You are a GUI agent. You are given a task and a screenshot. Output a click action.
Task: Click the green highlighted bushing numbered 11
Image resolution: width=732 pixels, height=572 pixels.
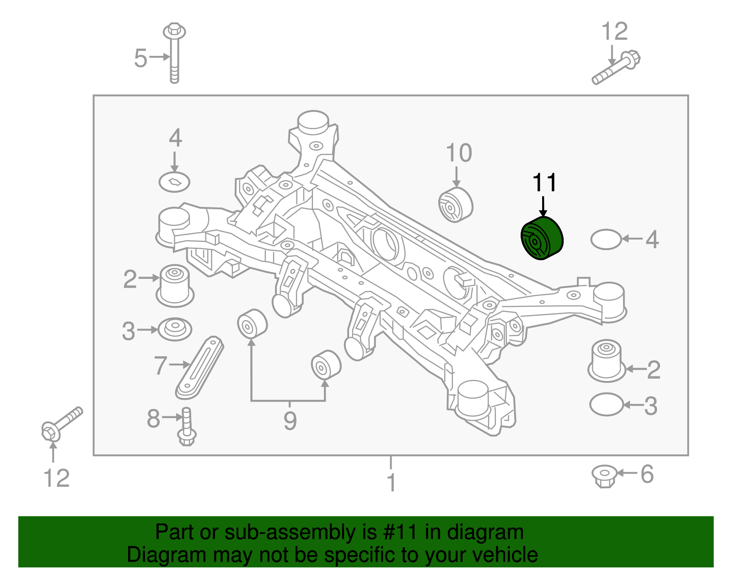542,239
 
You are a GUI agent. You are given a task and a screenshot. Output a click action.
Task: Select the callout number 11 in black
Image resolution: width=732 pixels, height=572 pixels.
544,183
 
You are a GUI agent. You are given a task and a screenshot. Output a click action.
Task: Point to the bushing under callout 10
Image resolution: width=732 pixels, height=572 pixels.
455,205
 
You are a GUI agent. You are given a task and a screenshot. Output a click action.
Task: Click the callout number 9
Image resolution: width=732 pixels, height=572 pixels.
290,420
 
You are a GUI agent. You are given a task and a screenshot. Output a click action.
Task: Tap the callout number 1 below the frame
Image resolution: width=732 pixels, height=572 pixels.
391,482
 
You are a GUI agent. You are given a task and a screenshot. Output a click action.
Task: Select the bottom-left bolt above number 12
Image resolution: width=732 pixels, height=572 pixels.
61,424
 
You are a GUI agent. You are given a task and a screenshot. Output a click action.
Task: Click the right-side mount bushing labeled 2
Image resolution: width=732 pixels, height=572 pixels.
607,360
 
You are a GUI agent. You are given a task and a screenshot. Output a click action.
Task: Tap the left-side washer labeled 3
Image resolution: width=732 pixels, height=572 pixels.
175,328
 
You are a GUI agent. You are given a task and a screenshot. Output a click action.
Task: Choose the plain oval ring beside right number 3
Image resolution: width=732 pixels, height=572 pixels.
606,404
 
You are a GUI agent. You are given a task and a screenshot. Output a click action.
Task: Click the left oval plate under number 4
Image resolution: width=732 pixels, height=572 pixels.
174,182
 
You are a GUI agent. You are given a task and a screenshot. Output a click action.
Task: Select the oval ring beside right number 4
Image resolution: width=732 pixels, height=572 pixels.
606,239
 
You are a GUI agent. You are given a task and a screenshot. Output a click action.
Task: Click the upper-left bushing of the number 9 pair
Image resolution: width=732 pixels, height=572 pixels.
252,323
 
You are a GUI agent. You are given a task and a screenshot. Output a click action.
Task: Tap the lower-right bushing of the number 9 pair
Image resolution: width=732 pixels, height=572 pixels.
326,365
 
